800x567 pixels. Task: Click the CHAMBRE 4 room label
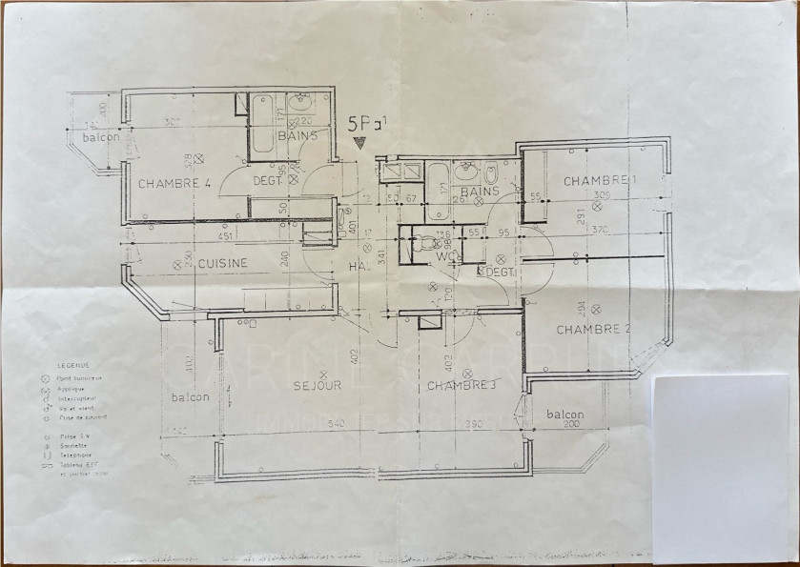point(174,184)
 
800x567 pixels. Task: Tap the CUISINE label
point(224,263)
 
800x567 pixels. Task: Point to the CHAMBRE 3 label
point(462,386)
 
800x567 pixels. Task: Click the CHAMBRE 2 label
point(594,330)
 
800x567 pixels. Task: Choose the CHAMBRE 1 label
point(599,181)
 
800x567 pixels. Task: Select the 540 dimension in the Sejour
point(311,423)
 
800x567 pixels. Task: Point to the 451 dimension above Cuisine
point(225,237)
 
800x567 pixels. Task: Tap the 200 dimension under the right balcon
point(568,424)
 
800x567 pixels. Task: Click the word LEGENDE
point(73,365)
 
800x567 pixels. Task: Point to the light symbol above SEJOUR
point(323,373)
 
